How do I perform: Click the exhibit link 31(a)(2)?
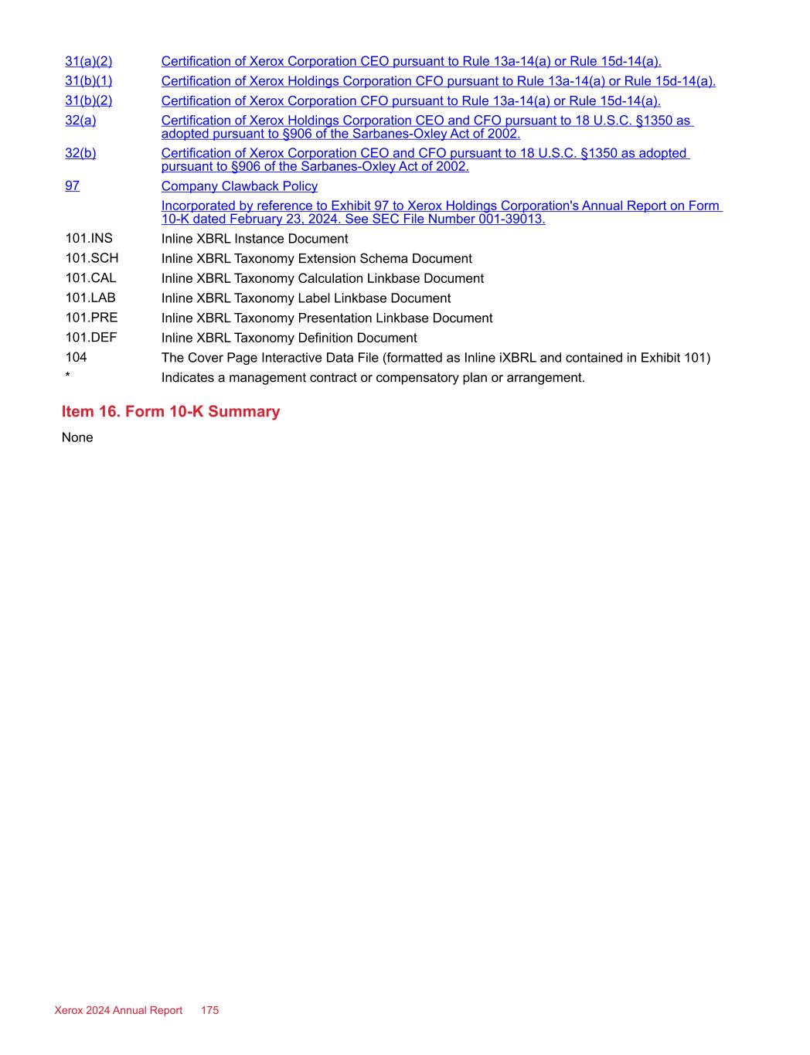(88, 61)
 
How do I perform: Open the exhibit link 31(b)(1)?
(88, 81)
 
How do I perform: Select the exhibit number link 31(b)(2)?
(88, 100)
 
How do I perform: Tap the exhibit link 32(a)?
(80, 121)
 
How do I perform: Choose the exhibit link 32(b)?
(80, 153)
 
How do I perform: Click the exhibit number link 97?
(72, 185)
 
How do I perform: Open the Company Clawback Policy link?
(239, 186)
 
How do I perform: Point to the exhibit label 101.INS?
(88, 238)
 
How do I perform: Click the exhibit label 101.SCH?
(91, 258)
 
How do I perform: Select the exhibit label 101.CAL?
(90, 278)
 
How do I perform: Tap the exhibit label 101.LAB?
(90, 298)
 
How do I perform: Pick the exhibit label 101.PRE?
(91, 318)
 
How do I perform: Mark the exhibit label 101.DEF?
(90, 338)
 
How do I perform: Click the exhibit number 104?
(76, 357)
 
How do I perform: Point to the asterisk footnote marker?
(68, 377)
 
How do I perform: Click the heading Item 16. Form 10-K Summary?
(171, 411)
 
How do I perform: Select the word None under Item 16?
(77, 437)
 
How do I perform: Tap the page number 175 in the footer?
(209, 1010)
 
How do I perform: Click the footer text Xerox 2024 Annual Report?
(118, 1010)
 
